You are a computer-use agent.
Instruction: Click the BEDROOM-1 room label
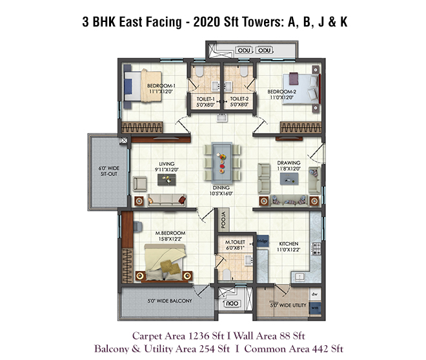pyautogui.click(x=161, y=86)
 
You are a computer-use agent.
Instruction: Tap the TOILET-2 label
pyautogui.click(x=239, y=99)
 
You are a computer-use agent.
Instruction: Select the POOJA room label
pyautogui.click(x=223, y=219)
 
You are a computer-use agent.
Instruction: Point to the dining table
pyautogui.click(x=222, y=163)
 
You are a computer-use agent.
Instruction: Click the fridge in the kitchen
pyautogui.click(x=263, y=241)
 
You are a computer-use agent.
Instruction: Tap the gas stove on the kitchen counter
pyautogui.click(x=316, y=248)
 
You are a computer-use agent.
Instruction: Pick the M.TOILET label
pyautogui.click(x=235, y=242)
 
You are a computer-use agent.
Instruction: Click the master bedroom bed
pyautogui.click(x=165, y=263)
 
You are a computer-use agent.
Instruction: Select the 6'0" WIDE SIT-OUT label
pyautogui.click(x=109, y=171)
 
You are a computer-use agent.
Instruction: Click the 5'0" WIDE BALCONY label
pyautogui.click(x=170, y=301)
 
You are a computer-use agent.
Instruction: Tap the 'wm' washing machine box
pyautogui.click(x=315, y=308)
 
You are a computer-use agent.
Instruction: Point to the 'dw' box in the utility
pyautogui.click(x=314, y=294)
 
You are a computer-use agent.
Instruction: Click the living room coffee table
pyautogui.click(x=167, y=180)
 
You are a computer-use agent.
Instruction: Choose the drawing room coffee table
pyautogui.click(x=289, y=179)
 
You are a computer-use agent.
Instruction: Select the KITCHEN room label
pyautogui.click(x=289, y=244)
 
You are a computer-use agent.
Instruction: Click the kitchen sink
pyautogui.click(x=299, y=277)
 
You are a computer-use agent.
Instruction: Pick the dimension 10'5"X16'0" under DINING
pyautogui.click(x=221, y=194)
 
